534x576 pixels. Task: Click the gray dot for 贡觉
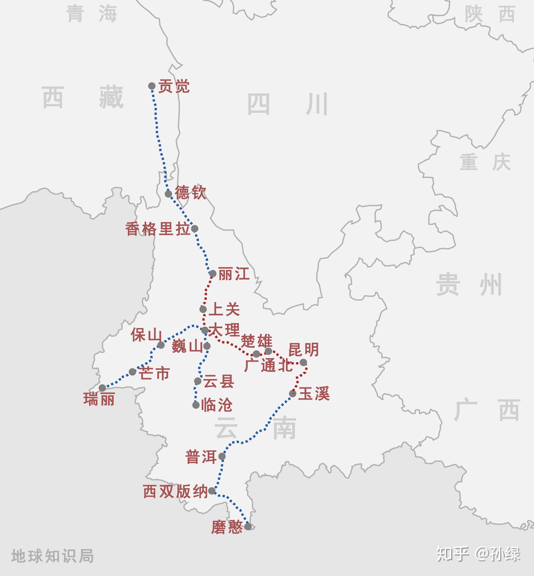pyautogui.click(x=152, y=86)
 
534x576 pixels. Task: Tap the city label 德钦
pyautogui.click(x=190, y=192)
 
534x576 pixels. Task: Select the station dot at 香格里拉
pyautogui.click(x=195, y=229)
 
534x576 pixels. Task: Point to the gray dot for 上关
pyautogui.click(x=203, y=309)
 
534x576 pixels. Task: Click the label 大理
pyautogui.click(x=225, y=330)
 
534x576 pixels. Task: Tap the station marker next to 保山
pyautogui.click(x=161, y=345)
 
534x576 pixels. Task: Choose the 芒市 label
pyautogui.click(x=154, y=373)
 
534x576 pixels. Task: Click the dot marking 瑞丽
pyautogui.click(x=102, y=388)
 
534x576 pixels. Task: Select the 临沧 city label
pyautogui.click(x=217, y=405)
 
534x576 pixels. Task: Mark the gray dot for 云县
pyautogui.click(x=198, y=381)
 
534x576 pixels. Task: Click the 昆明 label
pyautogui.click(x=303, y=350)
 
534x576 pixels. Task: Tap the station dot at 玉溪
pyautogui.click(x=293, y=393)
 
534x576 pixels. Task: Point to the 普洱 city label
pyautogui.click(x=201, y=457)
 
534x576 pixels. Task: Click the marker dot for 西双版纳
pyautogui.click(x=212, y=491)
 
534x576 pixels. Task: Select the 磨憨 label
pyautogui.click(x=227, y=527)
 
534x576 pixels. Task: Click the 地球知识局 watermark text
pyautogui.click(x=53, y=556)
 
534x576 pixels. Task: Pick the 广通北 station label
pyautogui.click(x=269, y=366)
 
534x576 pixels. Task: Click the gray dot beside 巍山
pyautogui.click(x=207, y=346)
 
